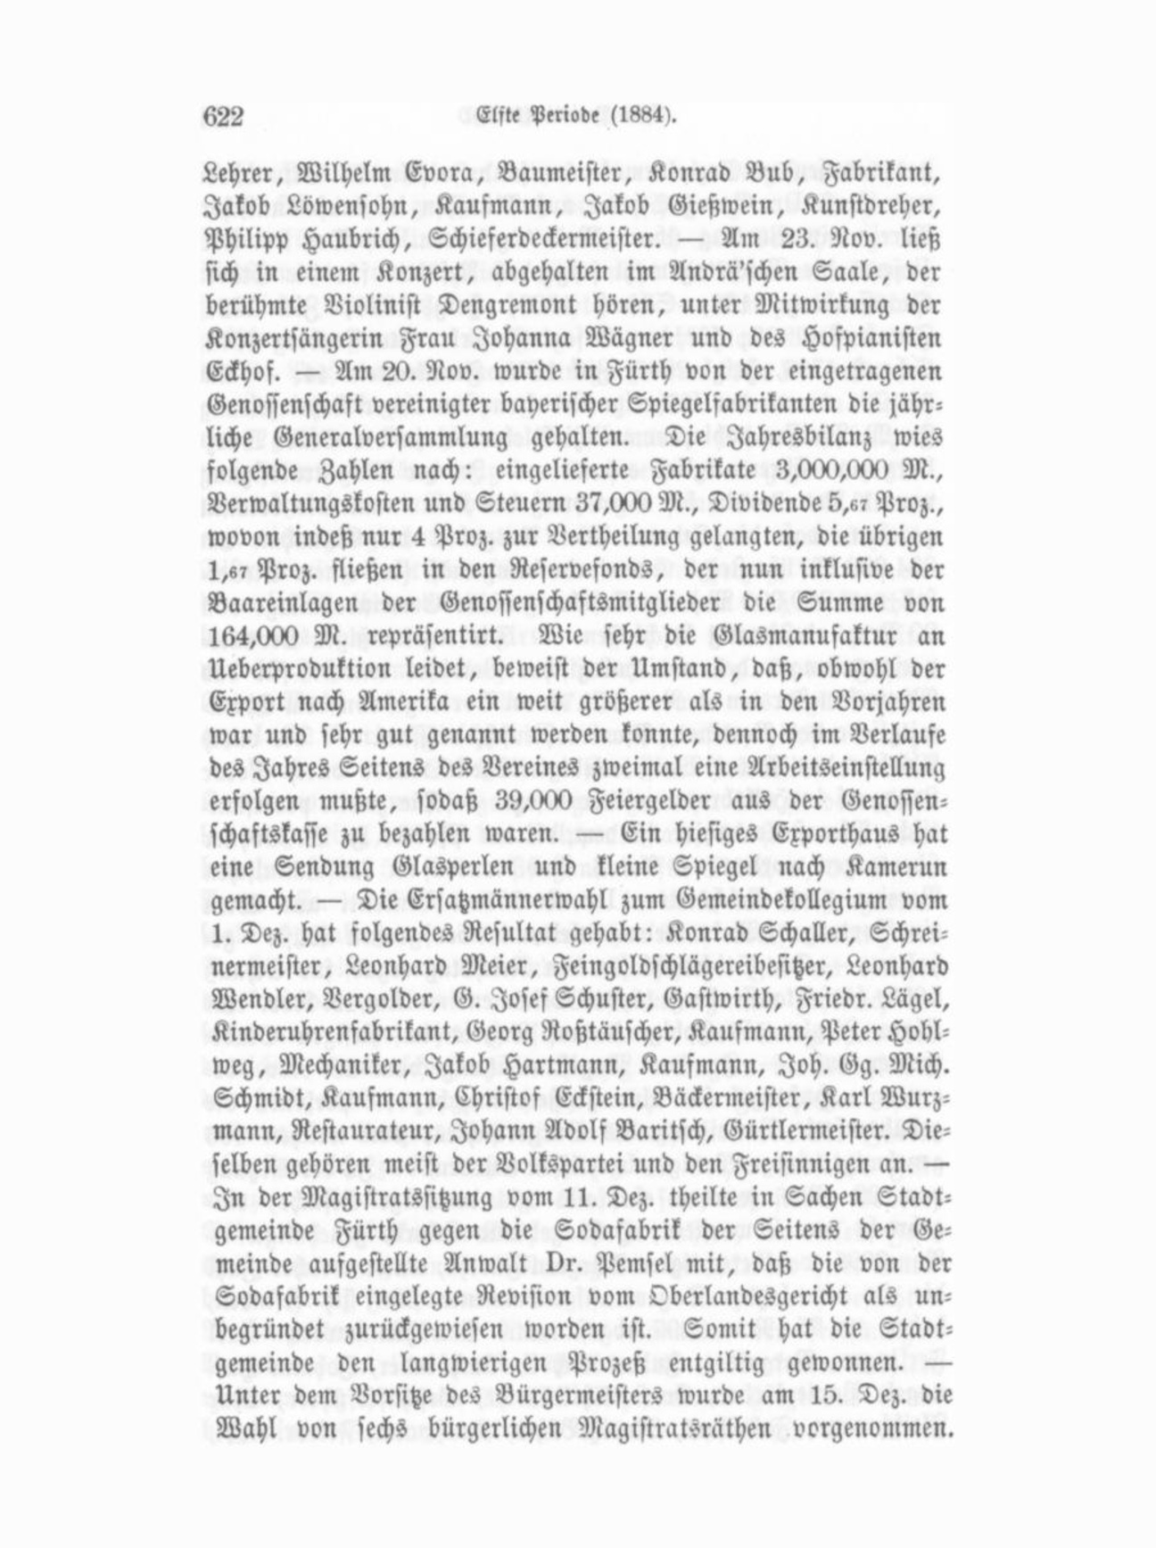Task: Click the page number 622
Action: [x=224, y=116]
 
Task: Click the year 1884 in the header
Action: [x=639, y=115]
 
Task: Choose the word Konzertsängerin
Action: [x=284, y=340]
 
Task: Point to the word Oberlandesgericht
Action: [x=766, y=1296]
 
